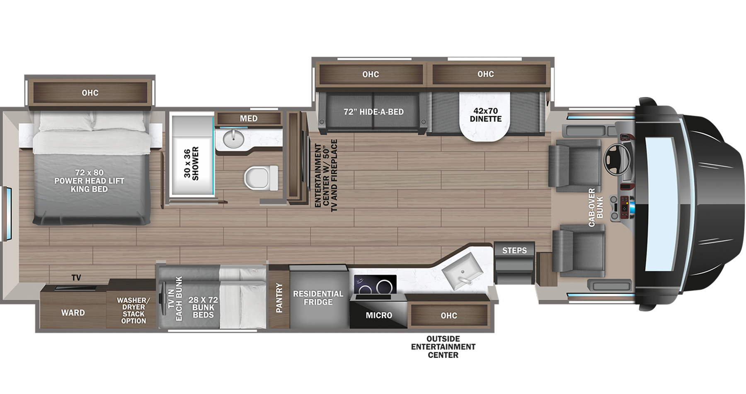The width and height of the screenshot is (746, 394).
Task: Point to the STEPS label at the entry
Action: [514, 251]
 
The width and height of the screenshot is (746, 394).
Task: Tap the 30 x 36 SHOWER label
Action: [191, 163]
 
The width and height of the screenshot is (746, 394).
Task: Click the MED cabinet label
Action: [248, 119]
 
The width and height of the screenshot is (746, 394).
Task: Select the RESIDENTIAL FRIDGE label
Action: [318, 298]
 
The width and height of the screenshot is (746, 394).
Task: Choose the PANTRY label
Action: [279, 298]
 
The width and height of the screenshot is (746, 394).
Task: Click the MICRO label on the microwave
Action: [379, 315]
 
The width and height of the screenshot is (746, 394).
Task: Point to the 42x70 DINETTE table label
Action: [485, 114]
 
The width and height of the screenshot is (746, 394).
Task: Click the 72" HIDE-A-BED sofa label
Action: [373, 112]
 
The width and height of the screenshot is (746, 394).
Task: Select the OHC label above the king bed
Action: [90, 92]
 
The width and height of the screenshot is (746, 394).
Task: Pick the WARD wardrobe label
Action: [73, 313]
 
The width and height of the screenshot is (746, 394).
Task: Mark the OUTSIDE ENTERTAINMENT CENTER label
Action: [443, 347]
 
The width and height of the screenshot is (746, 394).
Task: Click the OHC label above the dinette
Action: [485, 74]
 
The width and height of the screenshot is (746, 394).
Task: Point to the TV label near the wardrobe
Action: [76, 278]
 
